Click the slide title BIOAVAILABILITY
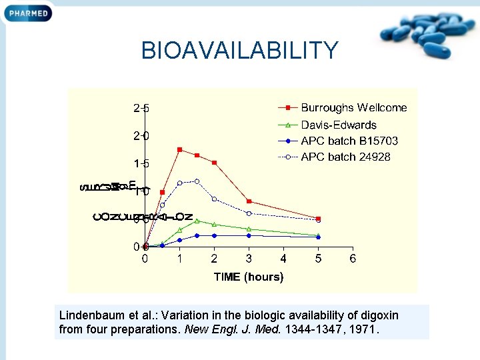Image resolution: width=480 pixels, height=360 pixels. pos(240,50)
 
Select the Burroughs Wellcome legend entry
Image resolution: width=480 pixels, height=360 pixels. pos(353,107)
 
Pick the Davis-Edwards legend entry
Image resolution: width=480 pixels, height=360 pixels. pos(339,125)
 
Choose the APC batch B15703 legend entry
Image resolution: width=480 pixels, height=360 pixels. pos(349,141)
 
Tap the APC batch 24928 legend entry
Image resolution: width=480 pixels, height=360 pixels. pos(345,157)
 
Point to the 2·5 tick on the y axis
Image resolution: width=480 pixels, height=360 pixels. pos(141,107)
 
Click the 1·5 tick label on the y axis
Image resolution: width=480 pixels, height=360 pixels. pos(141,163)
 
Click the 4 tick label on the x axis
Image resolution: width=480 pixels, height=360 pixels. pos(283,259)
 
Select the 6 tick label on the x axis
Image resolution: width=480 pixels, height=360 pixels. pos(353,259)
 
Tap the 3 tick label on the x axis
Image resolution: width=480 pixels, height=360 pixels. pos(249,259)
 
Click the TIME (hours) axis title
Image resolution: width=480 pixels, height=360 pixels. pos(249,277)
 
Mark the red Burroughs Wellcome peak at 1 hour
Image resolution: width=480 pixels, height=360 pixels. pos(180,150)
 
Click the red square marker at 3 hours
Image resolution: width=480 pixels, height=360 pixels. pos(249,201)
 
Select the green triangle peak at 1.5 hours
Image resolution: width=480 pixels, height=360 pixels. pos(197,221)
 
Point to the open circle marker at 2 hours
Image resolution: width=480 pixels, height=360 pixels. pos(214,199)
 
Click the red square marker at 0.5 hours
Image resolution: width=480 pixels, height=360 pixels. pos(163,192)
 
